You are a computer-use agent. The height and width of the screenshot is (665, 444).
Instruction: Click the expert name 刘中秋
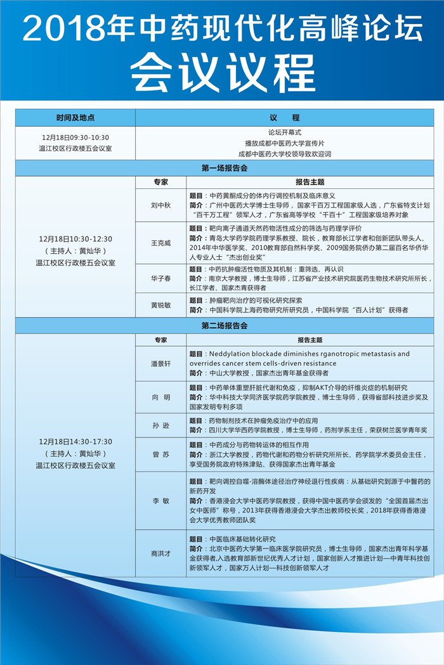click(x=160, y=205)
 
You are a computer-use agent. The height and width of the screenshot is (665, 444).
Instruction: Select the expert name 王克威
click(x=160, y=243)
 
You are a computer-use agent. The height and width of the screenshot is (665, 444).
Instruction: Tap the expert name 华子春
click(x=160, y=278)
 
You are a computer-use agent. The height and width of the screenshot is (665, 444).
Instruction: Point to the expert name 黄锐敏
click(x=160, y=305)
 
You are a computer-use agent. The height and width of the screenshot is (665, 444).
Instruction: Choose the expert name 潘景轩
click(x=160, y=364)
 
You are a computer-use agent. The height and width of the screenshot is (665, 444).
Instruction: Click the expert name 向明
click(x=160, y=397)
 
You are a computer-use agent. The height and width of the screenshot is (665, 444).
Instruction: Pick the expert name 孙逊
click(x=160, y=425)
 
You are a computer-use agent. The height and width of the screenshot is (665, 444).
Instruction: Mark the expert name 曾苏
click(x=160, y=455)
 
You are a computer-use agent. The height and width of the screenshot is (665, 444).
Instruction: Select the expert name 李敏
click(x=160, y=501)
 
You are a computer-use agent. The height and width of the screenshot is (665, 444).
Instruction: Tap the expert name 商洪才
click(x=160, y=553)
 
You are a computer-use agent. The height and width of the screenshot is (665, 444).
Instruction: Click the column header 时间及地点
click(x=75, y=118)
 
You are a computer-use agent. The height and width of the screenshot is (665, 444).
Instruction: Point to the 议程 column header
click(x=284, y=118)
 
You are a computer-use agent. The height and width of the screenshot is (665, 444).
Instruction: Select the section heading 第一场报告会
click(x=225, y=168)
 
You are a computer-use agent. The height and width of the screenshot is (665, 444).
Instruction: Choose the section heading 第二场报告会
click(x=225, y=326)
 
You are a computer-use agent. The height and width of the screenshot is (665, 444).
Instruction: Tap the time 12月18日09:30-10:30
click(x=75, y=137)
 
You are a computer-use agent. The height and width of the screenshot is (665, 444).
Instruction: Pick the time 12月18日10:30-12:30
click(x=75, y=239)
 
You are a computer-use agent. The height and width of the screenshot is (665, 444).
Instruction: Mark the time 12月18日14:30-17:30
click(x=75, y=441)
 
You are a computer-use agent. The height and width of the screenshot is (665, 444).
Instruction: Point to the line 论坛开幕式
click(x=284, y=132)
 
